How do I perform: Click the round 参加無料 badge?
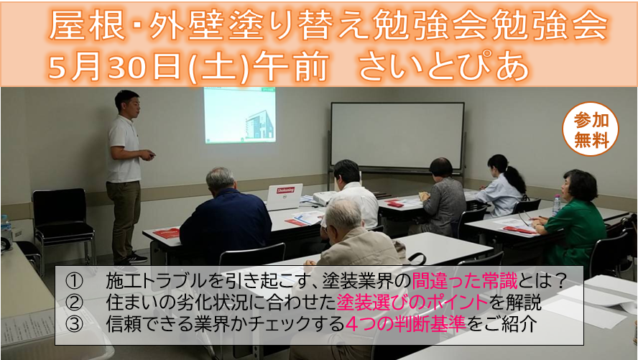(590, 129)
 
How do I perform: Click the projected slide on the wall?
(240, 115)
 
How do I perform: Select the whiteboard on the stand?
(397, 136)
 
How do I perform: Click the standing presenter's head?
(127, 103)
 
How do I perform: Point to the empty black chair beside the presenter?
(63, 224)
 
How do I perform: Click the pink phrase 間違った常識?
(464, 281)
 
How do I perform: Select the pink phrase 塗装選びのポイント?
(412, 303)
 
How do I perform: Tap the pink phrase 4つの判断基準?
(405, 324)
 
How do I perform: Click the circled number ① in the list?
(74, 281)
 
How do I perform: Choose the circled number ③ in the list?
(74, 325)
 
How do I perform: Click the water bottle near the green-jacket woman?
(556, 205)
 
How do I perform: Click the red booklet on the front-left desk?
(167, 233)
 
